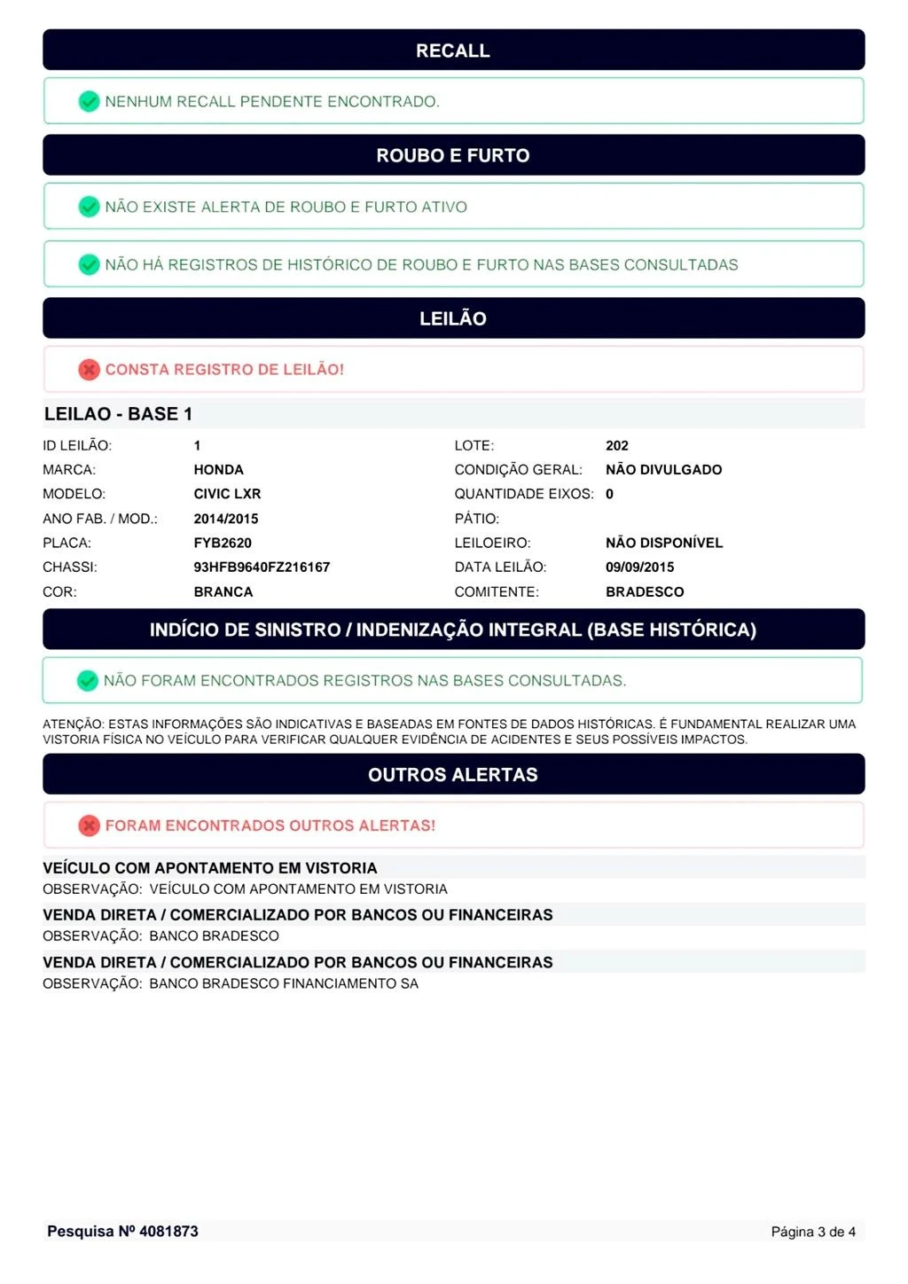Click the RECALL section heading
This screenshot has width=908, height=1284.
tap(453, 51)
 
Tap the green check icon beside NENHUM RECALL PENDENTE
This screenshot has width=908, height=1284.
tap(89, 101)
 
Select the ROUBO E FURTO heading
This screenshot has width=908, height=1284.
tap(453, 155)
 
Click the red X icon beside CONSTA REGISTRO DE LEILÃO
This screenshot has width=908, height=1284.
tap(89, 370)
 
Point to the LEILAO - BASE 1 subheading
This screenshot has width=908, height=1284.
tap(118, 414)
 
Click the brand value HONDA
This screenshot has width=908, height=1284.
tap(218, 470)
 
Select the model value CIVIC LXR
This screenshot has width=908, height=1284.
tap(227, 494)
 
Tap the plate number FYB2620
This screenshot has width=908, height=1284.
tap(223, 543)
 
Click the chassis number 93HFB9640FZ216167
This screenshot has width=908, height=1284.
tap(262, 568)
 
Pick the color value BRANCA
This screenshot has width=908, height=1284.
tap(223, 591)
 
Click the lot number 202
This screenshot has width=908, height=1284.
tap(617, 446)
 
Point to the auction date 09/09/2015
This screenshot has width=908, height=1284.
tap(639, 568)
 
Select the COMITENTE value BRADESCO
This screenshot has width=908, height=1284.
tap(645, 591)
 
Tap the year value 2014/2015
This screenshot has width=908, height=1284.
tap(226, 519)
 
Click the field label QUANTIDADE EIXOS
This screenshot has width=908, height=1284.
tap(524, 494)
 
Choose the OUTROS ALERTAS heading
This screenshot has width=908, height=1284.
tap(453, 775)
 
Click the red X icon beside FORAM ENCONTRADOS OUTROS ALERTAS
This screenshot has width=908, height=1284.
tap(89, 826)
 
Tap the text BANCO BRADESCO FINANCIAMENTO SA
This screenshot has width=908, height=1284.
tap(284, 983)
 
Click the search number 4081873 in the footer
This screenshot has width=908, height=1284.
tap(168, 1231)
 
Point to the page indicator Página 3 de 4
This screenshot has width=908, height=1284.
tap(813, 1232)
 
